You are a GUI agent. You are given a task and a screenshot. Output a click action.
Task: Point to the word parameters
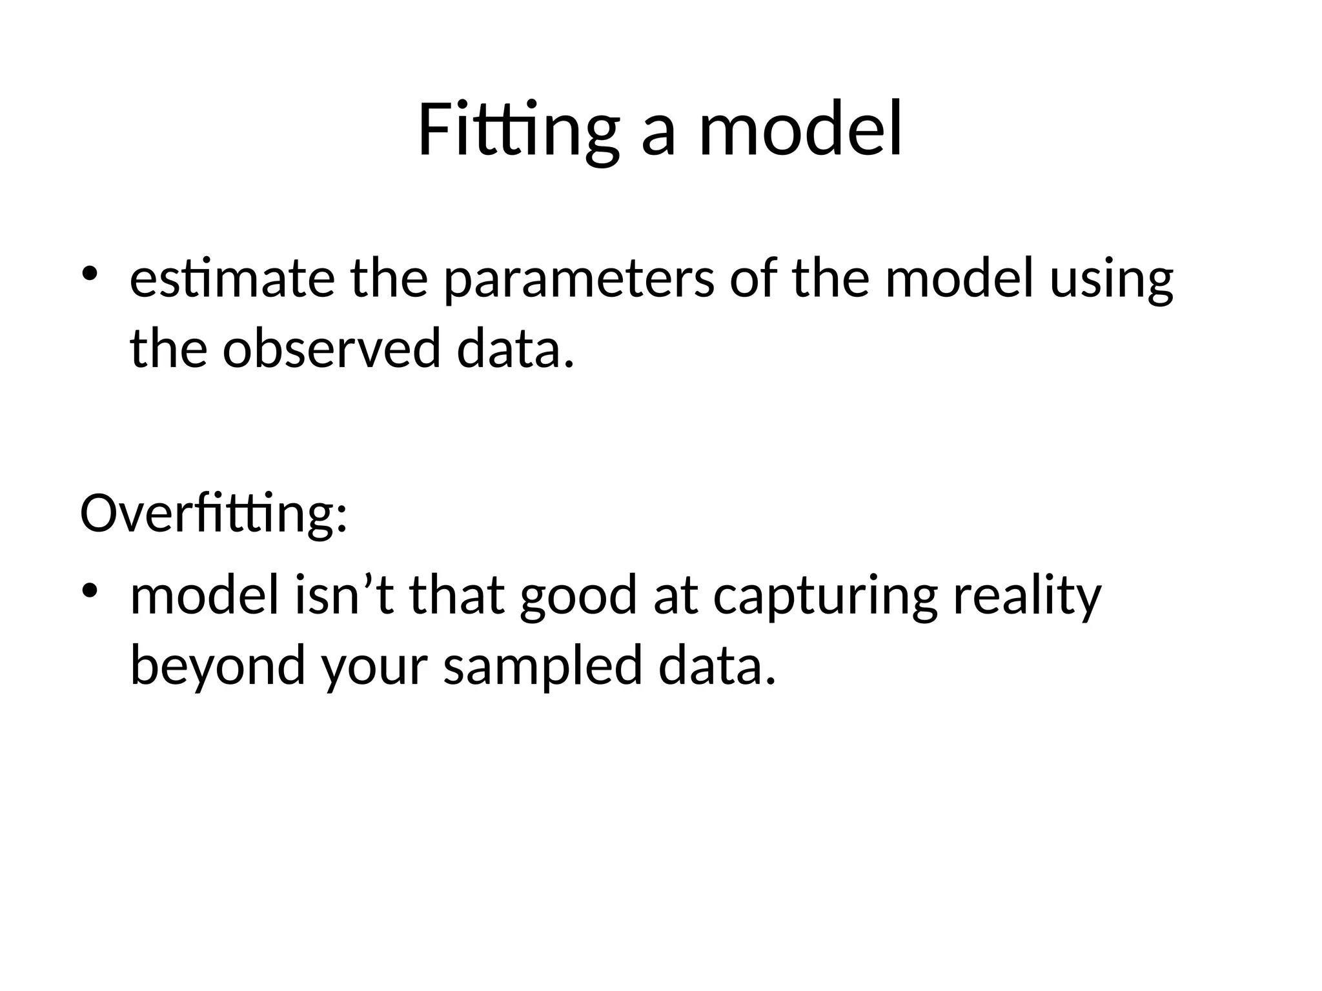click(x=579, y=281)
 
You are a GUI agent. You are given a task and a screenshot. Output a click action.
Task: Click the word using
click(x=1111, y=281)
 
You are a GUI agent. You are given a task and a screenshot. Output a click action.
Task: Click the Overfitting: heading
click(x=214, y=514)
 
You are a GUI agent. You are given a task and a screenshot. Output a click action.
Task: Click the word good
click(x=578, y=596)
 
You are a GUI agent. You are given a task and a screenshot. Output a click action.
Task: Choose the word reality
click(x=1027, y=597)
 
